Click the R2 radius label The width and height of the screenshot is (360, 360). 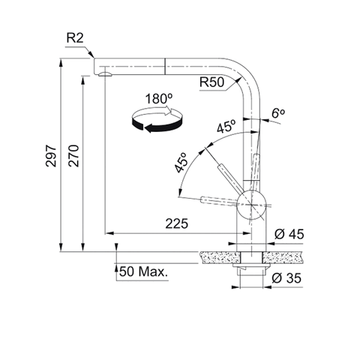(75, 38)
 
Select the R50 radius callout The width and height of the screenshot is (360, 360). (211, 82)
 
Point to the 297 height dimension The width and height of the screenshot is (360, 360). (51, 155)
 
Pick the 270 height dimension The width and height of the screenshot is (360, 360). (74, 155)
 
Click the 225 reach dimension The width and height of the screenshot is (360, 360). (176, 223)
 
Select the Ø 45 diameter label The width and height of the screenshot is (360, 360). (289, 234)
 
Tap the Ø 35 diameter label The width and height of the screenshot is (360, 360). (286, 278)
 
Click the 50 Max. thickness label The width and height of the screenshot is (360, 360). (143, 271)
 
